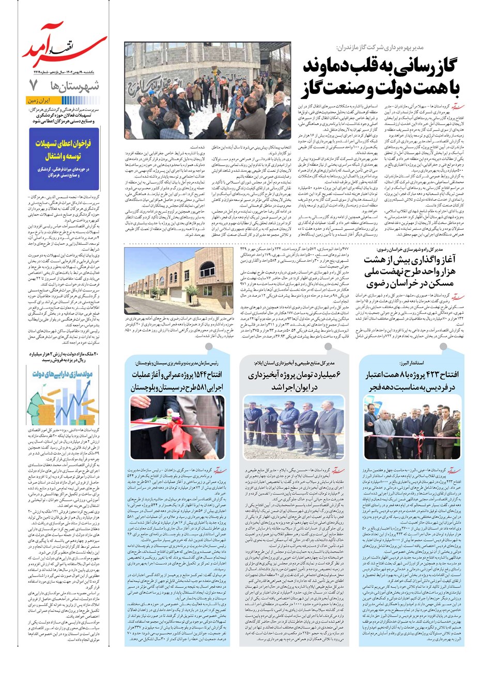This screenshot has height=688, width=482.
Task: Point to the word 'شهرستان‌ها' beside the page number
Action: click(x=74, y=86)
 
